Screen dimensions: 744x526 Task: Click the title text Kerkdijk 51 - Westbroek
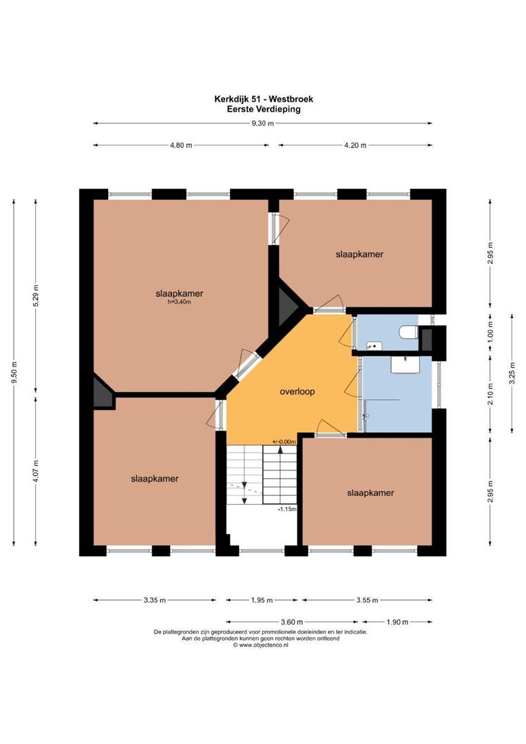point(263,99)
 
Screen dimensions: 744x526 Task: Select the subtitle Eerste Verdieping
point(263,109)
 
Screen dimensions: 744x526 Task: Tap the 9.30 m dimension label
point(262,123)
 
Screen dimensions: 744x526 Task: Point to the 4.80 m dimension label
point(180,145)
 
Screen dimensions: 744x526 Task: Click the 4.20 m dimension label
point(355,145)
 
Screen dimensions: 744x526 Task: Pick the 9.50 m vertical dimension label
point(13,373)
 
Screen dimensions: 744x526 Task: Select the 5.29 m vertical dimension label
point(36,297)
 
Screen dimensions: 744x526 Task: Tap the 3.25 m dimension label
point(512,373)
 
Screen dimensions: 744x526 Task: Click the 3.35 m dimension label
point(154,600)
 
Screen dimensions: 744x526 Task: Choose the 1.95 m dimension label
point(262,600)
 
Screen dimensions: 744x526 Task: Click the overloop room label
point(297,391)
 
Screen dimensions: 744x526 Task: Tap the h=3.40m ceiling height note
point(179,302)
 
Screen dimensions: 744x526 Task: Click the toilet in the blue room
point(408,333)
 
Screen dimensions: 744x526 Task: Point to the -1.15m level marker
point(286,509)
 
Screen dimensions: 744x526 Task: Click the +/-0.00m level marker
point(283,442)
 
